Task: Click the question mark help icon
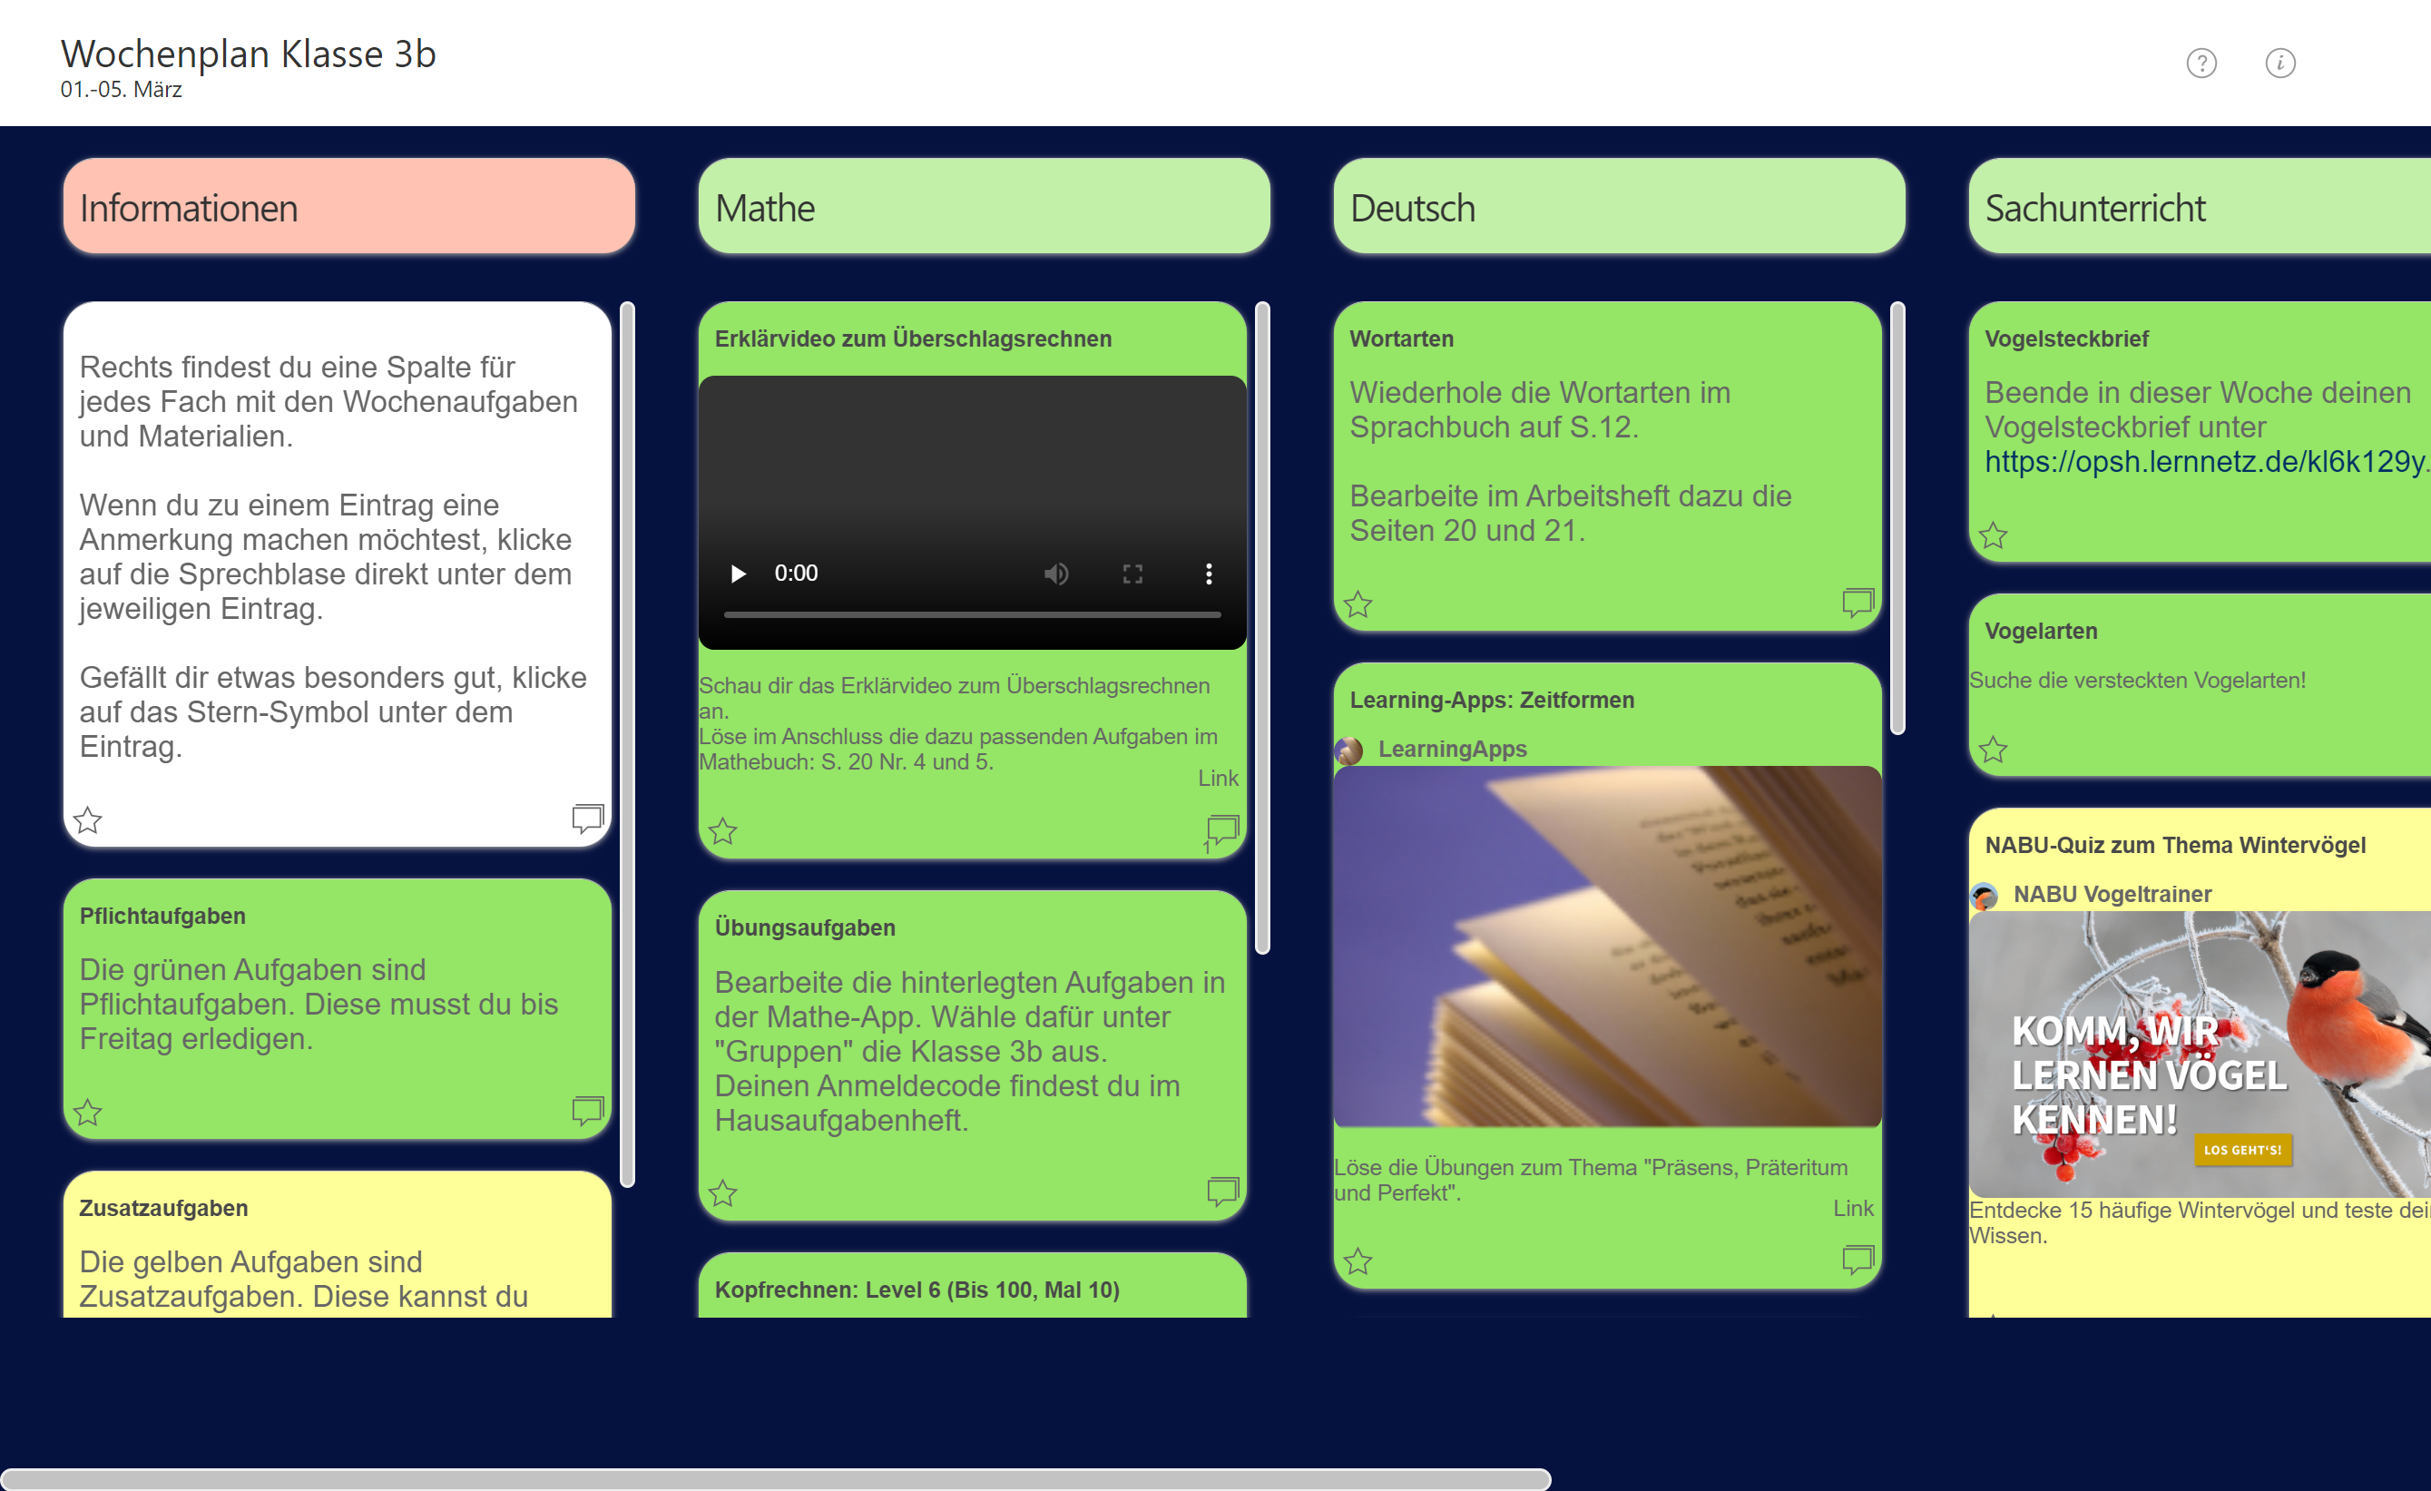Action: click(x=2201, y=64)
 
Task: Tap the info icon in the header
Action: click(x=2280, y=64)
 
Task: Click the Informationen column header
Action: click(x=349, y=206)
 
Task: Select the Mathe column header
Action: click(x=984, y=206)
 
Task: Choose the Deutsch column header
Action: click(x=1619, y=206)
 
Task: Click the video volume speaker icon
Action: click(x=1055, y=574)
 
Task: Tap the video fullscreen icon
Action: click(x=1132, y=574)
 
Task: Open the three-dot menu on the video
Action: click(x=1209, y=574)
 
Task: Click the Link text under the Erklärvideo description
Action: click(x=1218, y=779)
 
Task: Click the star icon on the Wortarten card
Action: click(x=1358, y=603)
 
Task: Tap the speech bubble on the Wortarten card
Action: click(x=1858, y=602)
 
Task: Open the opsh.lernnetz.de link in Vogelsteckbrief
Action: click(x=2206, y=462)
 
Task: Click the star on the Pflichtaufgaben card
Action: click(x=88, y=1112)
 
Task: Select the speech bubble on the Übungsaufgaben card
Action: click(x=1222, y=1191)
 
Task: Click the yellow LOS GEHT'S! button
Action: click(x=2242, y=1150)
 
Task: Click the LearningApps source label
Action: click(x=1451, y=749)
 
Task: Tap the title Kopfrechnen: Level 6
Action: click(x=917, y=1290)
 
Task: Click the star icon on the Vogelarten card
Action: click(x=1993, y=749)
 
